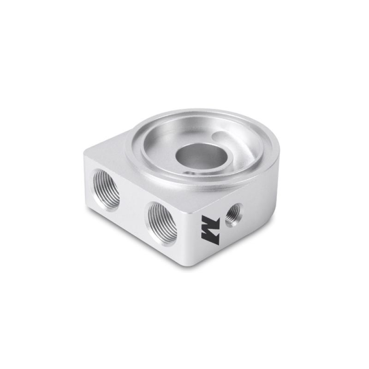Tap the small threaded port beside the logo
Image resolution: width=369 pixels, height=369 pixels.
click(x=233, y=213)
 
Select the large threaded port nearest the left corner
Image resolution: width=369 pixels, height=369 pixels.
click(x=106, y=189)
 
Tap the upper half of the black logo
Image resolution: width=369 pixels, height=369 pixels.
click(x=208, y=221)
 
